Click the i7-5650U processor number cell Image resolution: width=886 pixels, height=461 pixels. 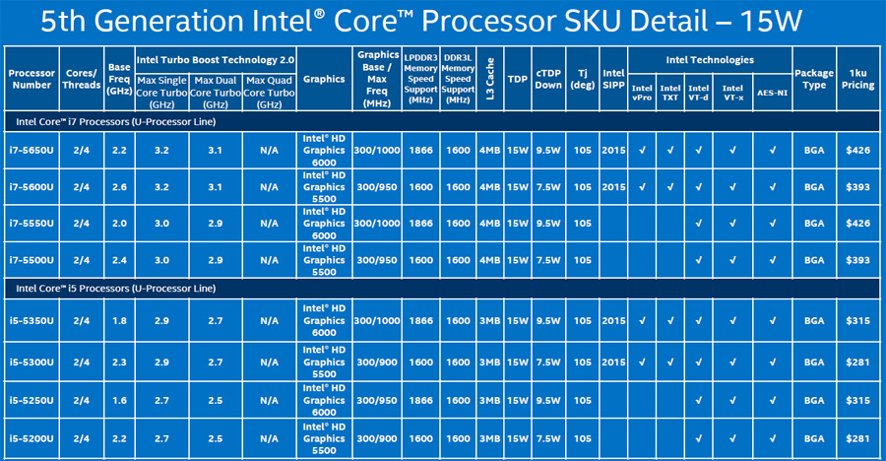click(x=32, y=150)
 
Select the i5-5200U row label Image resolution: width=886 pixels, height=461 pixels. click(x=32, y=436)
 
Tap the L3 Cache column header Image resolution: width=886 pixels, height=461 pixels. click(x=489, y=78)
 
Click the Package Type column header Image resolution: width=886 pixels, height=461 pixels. click(x=814, y=78)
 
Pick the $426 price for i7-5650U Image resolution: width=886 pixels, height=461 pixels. click(x=856, y=150)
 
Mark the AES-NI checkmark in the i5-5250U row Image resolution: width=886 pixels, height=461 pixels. click(x=773, y=401)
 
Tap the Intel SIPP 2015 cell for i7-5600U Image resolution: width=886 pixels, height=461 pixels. click(x=612, y=186)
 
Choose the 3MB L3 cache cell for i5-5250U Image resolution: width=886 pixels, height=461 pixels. click(x=489, y=401)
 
